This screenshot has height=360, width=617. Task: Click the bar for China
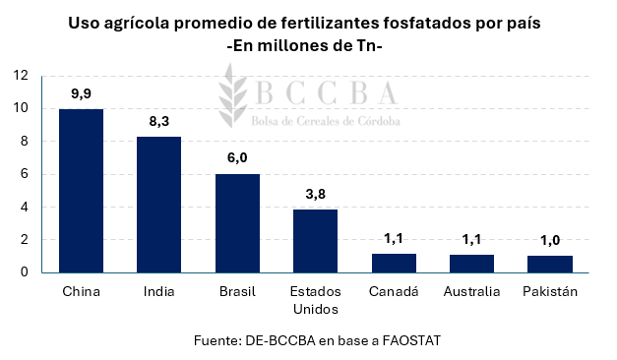click(x=81, y=191)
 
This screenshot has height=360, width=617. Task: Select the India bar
click(x=158, y=205)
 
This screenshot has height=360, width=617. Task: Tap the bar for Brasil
click(x=237, y=223)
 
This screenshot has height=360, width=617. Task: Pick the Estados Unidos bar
click(x=315, y=241)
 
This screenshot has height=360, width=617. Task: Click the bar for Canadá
click(x=394, y=263)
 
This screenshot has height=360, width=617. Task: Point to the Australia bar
click(x=471, y=264)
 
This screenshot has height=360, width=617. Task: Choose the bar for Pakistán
click(x=549, y=264)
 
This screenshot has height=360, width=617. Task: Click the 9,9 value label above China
click(x=81, y=93)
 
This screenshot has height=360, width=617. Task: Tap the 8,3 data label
click(x=158, y=121)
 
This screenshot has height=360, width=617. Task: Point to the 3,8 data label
click(x=315, y=194)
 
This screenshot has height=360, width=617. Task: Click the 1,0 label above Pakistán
click(x=549, y=239)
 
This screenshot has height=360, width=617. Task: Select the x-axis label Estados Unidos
click(x=315, y=301)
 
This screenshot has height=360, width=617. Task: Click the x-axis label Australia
click(x=471, y=292)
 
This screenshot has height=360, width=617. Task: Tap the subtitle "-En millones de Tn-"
click(x=309, y=45)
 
